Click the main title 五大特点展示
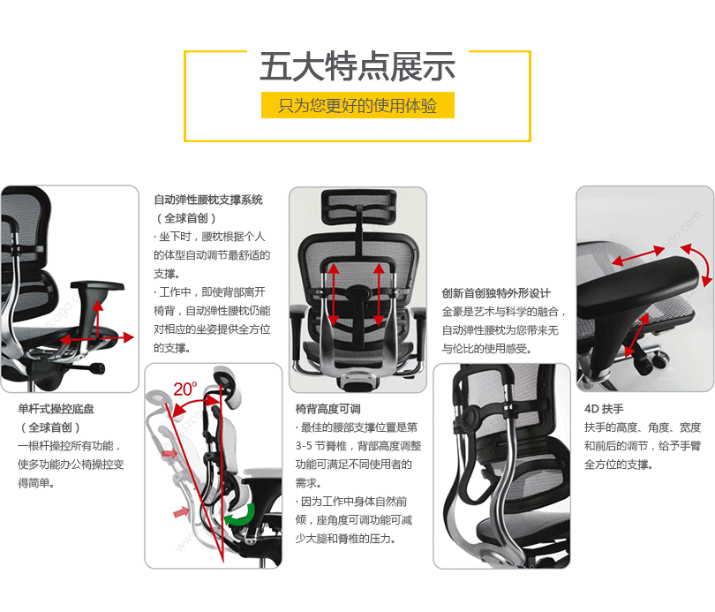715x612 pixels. tap(357, 66)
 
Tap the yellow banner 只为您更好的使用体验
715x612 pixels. tap(357, 105)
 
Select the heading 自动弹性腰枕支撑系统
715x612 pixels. tap(208, 200)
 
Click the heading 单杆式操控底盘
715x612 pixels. tap(56, 409)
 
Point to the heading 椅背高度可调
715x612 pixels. tap(327, 409)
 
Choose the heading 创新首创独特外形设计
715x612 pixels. tap(496, 293)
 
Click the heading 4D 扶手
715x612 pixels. tap(604, 409)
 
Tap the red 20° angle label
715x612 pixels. tap(184, 389)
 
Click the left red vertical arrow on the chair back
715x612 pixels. tap(334, 294)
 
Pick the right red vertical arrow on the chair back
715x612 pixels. tap(379, 294)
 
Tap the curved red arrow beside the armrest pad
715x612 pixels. tap(697, 265)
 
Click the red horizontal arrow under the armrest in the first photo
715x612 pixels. tap(97, 338)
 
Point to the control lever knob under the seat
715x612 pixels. tap(97, 368)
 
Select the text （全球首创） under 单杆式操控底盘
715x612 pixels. tap(50, 427)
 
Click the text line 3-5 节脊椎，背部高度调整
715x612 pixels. tap(358, 446)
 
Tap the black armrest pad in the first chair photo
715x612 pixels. tap(97, 286)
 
